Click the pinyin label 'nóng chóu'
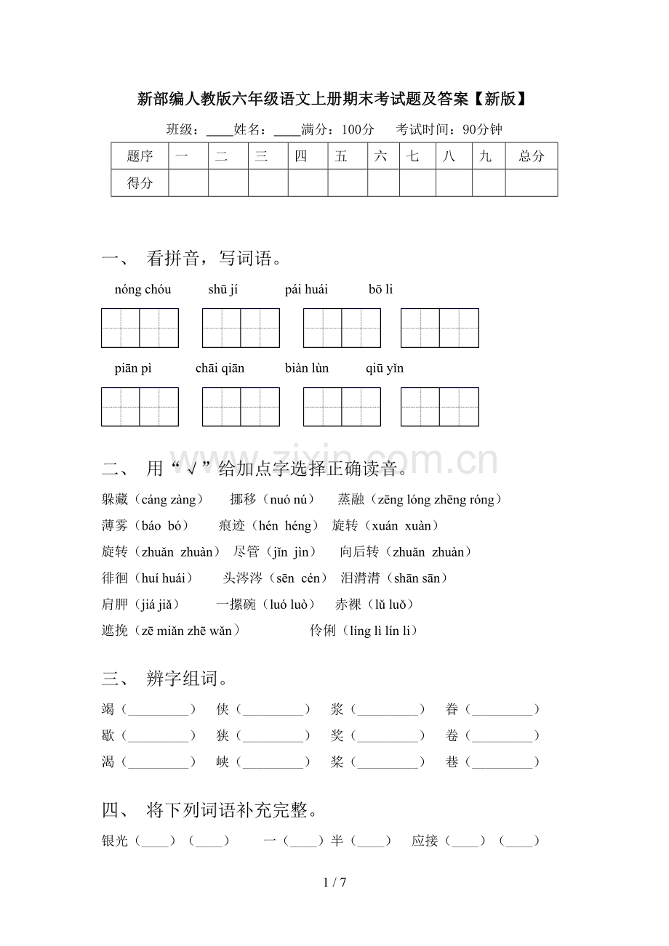click(x=143, y=290)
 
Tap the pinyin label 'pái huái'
click(x=306, y=290)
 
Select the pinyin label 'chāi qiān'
click(x=220, y=368)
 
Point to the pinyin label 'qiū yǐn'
click(x=385, y=368)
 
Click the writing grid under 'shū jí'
click(x=241, y=328)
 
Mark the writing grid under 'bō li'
click(x=439, y=328)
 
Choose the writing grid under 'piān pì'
click(x=140, y=407)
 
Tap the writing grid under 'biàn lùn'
click(x=342, y=407)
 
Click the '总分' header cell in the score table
click(x=532, y=156)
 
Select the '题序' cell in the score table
click(x=140, y=156)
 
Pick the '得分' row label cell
click(x=140, y=183)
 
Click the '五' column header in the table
click(x=342, y=156)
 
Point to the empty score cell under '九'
click(x=489, y=183)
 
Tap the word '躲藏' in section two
click(x=115, y=500)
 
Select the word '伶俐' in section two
click(x=323, y=631)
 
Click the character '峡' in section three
click(x=223, y=762)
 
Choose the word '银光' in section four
click(x=115, y=841)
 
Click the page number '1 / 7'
click(x=334, y=883)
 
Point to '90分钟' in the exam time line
click(x=482, y=130)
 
